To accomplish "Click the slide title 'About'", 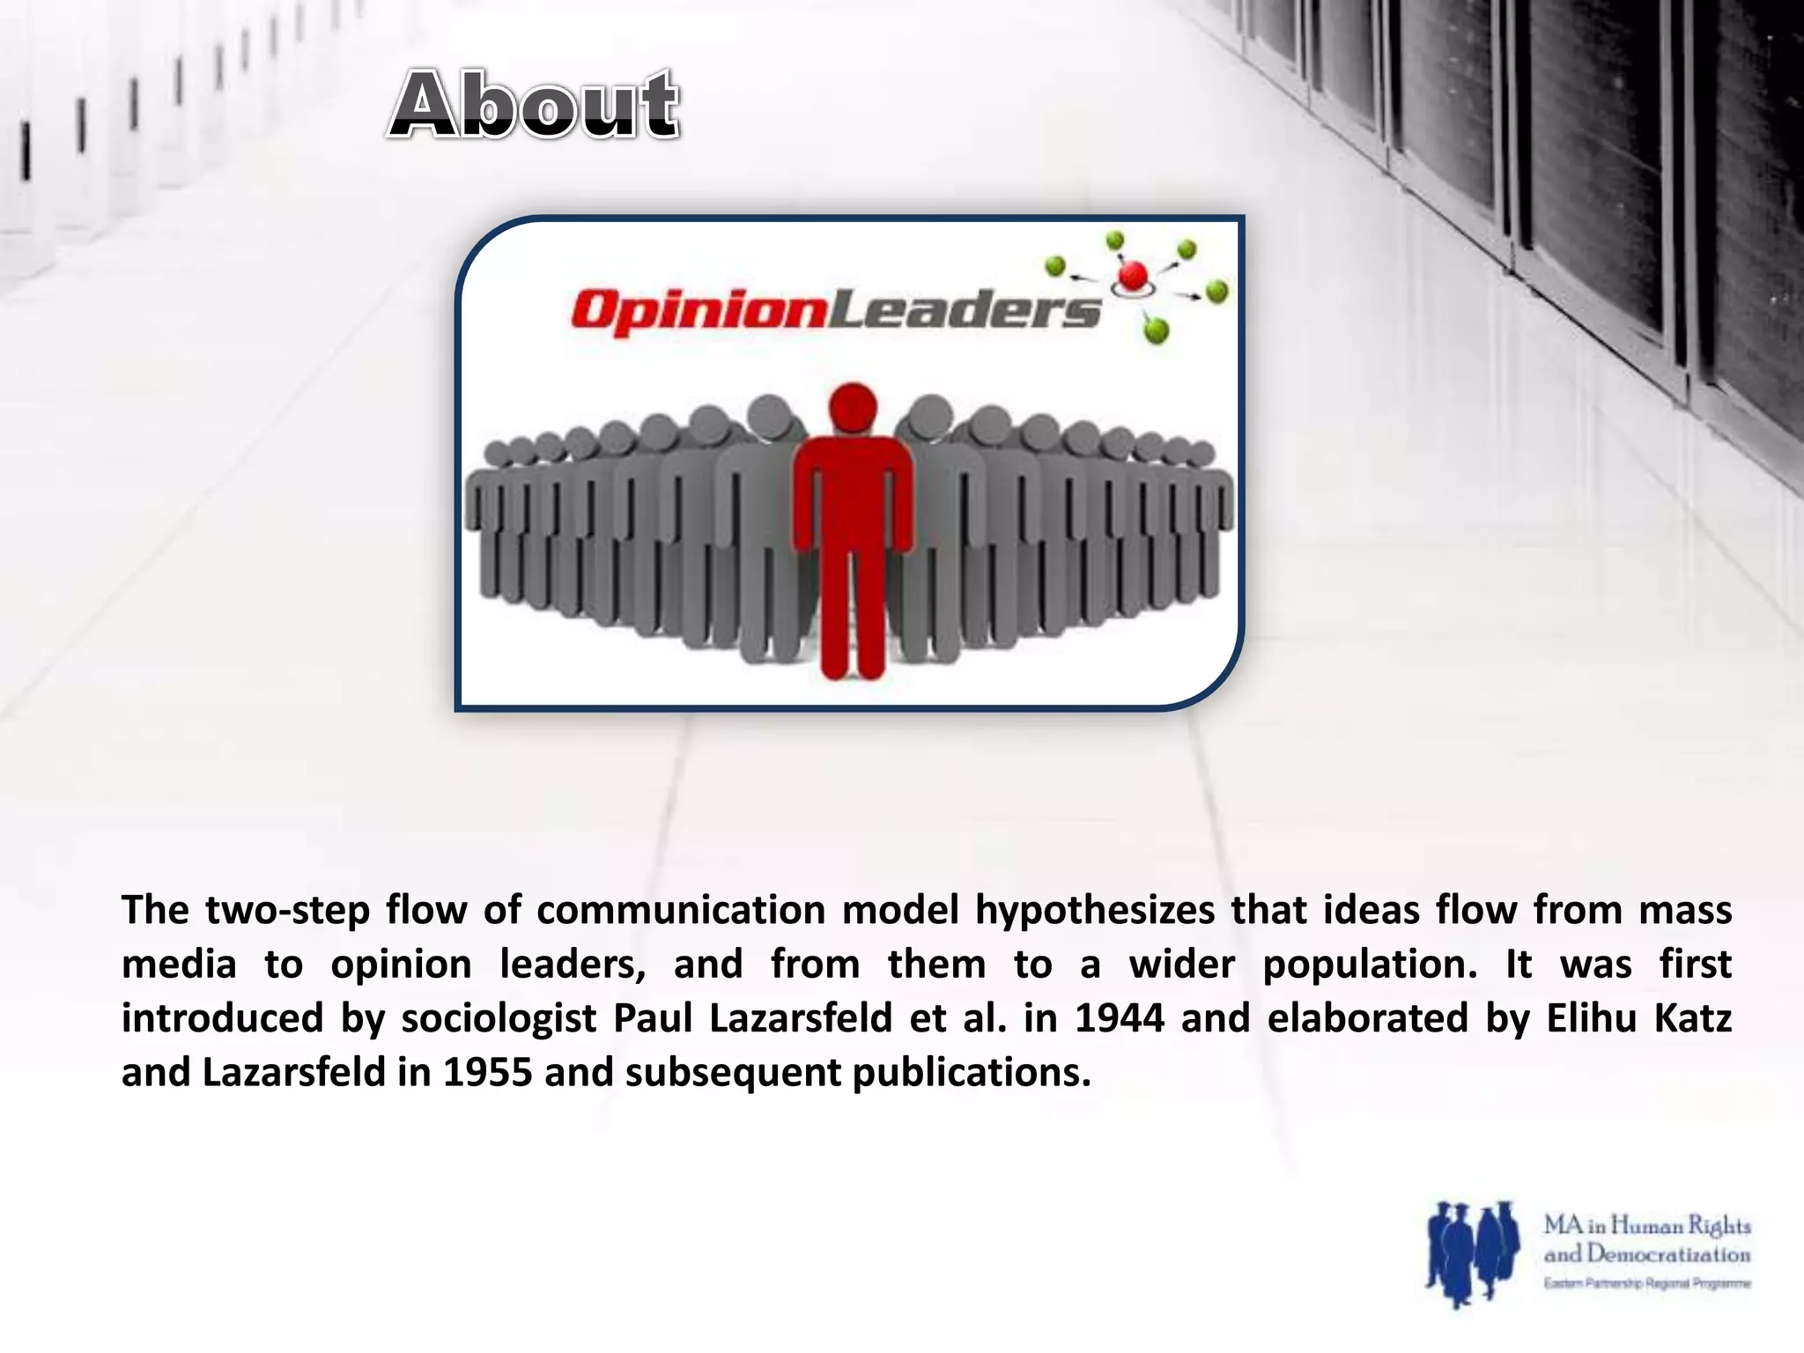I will coord(534,106).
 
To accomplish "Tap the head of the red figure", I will coord(853,407).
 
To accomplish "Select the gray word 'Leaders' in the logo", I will coord(965,310).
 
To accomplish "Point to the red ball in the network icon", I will coord(1133,277).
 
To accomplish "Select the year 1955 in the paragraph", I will coord(487,1073).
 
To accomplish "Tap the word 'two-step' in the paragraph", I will coord(287,911).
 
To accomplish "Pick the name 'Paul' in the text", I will coord(653,1019).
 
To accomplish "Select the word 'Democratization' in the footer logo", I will coord(1668,1254).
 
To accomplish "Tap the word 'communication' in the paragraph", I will coord(680,911).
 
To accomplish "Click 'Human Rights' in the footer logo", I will coord(1681,1225).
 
